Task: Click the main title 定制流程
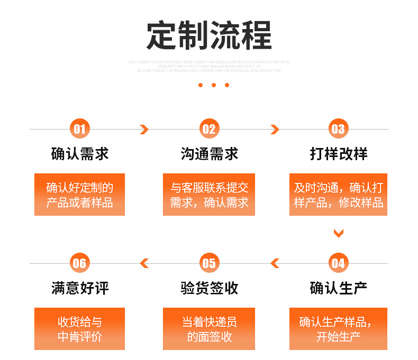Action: coord(209,35)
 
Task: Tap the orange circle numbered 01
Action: coord(79,129)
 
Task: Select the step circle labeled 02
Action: coord(209,129)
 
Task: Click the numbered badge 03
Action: coord(338,129)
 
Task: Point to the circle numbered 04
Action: coord(338,263)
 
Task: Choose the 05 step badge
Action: coord(209,263)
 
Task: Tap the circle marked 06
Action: coord(79,263)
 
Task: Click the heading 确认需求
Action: coord(79,154)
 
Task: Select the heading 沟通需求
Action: coord(209,154)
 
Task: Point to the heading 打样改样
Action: coord(338,154)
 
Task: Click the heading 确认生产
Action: coord(338,288)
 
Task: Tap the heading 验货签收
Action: coord(209,288)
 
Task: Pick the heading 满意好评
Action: coord(79,288)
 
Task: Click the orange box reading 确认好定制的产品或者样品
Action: coord(79,195)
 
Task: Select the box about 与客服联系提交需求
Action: coord(209,195)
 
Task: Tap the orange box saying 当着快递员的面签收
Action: coord(209,329)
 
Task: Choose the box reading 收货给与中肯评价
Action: coord(79,329)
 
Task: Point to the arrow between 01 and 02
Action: coord(144,130)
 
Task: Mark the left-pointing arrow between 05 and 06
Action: coord(144,263)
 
